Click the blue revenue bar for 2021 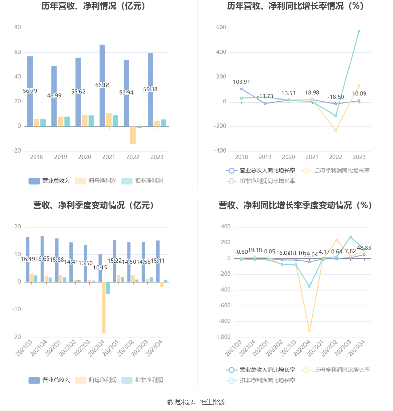[x=102, y=68]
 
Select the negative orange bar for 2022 [x=133, y=135]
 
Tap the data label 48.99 [x=54, y=96]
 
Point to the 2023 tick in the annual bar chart [x=157, y=157]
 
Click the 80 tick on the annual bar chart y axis [x=17, y=27]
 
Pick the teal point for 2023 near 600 [x=359, y=31]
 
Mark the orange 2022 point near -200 [x=335, y=130]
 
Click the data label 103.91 [x=241, y=82]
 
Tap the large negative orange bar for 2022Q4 [x=104, y=308]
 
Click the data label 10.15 [x=100, y=268]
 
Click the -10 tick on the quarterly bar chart [x=16, y=310]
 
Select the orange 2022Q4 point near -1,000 [x=309, y=331]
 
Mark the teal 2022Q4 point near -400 [x=309, y=286]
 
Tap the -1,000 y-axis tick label [x=223, y=337]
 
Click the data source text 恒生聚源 [x=213, y=402]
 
